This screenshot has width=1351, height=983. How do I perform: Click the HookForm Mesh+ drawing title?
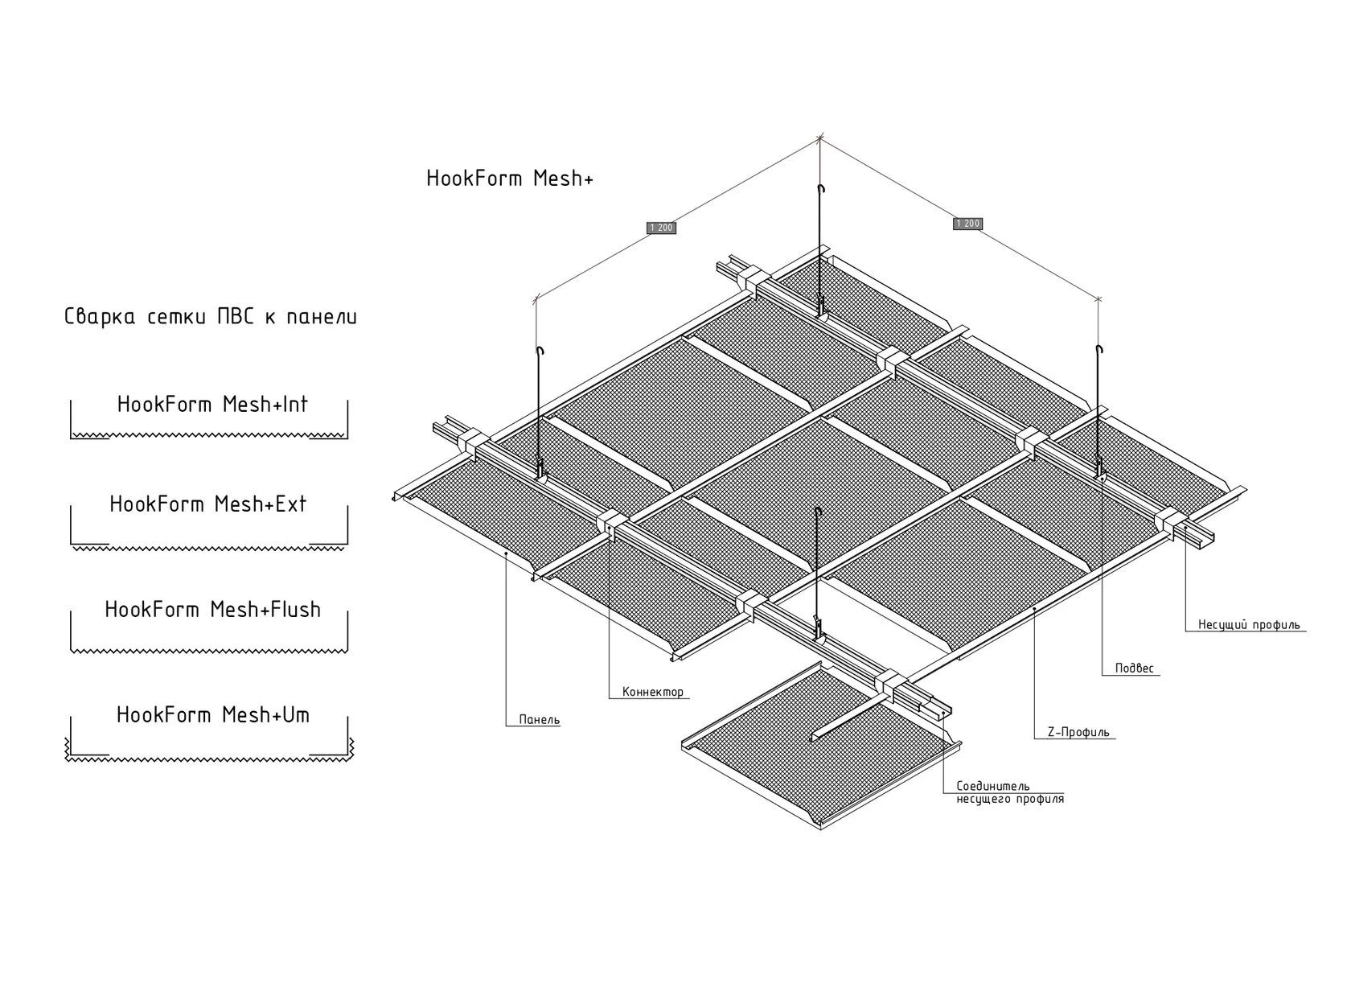pyautogui.click(x=510, y=179)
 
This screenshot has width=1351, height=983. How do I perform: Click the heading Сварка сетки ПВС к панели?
pyautogui.click(x=211, y=317)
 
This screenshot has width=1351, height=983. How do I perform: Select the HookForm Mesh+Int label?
pyautogui.click(x=212, y=405)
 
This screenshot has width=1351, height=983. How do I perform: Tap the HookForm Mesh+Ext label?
pyautogui.click(x=208, y=504)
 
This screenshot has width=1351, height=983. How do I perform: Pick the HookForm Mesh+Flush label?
pyautogui.click(x=212, y=610)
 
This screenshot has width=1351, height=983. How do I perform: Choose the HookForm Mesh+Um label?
pyautogui.click(x=213, y=715)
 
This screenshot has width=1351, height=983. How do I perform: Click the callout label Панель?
pyautogui.click(x=539, y=720)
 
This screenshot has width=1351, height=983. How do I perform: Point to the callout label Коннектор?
pyautogui.click(x=653, y=692)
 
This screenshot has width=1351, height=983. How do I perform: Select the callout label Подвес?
pyautogui.click(x=1134, y=668)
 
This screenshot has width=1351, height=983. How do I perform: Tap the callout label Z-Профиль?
pyautogui.click(x=1078, y=733)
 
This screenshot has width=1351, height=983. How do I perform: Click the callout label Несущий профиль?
pyautogui.click(x=1249, y=625)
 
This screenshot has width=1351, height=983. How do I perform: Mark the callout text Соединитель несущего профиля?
pyautogui.click(x=1010, y=793)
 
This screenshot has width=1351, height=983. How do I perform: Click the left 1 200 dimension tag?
pyautogui.click(x=661, y=228)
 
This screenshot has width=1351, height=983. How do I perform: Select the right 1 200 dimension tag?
pyautogui.click(x=968, y=224)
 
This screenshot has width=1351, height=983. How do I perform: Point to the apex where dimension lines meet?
pyautogui.click(x=819, y=139)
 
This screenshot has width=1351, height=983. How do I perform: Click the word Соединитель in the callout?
pyautogui.click(x=993, y=786)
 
